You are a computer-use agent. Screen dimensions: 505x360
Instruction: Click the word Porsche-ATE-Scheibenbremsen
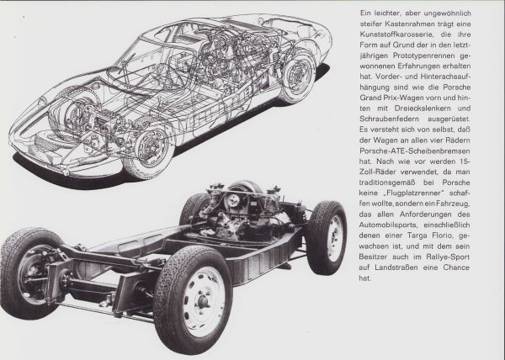[415, 151]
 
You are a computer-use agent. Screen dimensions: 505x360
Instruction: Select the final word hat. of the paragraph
[365, 278]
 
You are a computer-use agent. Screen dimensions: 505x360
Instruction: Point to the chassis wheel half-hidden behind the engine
[193, 209]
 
